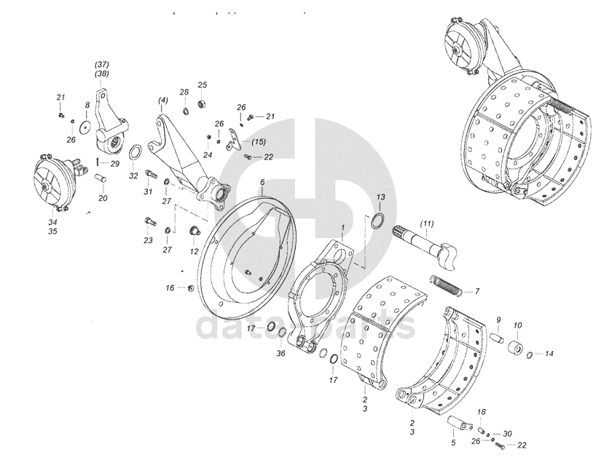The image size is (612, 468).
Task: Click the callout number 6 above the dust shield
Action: [x=262, y=182]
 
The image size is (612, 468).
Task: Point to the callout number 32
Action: [x=133, y=176]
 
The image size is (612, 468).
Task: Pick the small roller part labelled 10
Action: [x=518, y=346]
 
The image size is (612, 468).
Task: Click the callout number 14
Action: [x=550, y=354]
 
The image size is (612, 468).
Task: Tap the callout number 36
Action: [x=281, y=354]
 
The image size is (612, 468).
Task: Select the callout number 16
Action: [x=170, y=288]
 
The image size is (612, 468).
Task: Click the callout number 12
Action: [x=194, y=251]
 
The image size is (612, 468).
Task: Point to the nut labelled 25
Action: [x=201, y=98]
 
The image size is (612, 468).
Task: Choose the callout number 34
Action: [x=52, y=222]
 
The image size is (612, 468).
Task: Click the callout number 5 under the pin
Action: [x=452, y=442]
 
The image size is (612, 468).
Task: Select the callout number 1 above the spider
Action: [x=342, y=228]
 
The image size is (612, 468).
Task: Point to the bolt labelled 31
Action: [x=152, y=175]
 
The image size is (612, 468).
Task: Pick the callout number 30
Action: [x=508, y=433]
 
